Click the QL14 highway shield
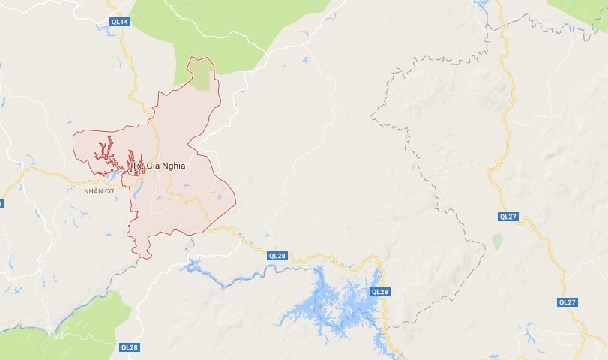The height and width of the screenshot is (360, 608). [121, 22]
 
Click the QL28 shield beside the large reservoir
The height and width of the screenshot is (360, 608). [379, 291]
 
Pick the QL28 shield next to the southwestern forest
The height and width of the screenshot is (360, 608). [129, 346]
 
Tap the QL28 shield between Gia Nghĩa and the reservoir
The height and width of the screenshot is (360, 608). [277, 256]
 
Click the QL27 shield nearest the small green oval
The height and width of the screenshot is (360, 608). [508, 216]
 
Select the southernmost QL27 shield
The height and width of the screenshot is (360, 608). [568, 301]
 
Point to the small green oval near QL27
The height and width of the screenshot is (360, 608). [496, 241]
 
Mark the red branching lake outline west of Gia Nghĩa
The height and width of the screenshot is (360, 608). [112, 154]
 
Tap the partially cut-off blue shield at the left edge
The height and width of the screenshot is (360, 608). [1, 203]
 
